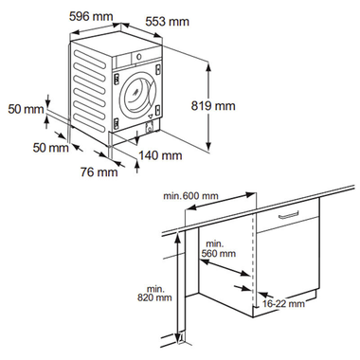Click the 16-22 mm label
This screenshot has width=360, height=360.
point(284,304)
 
